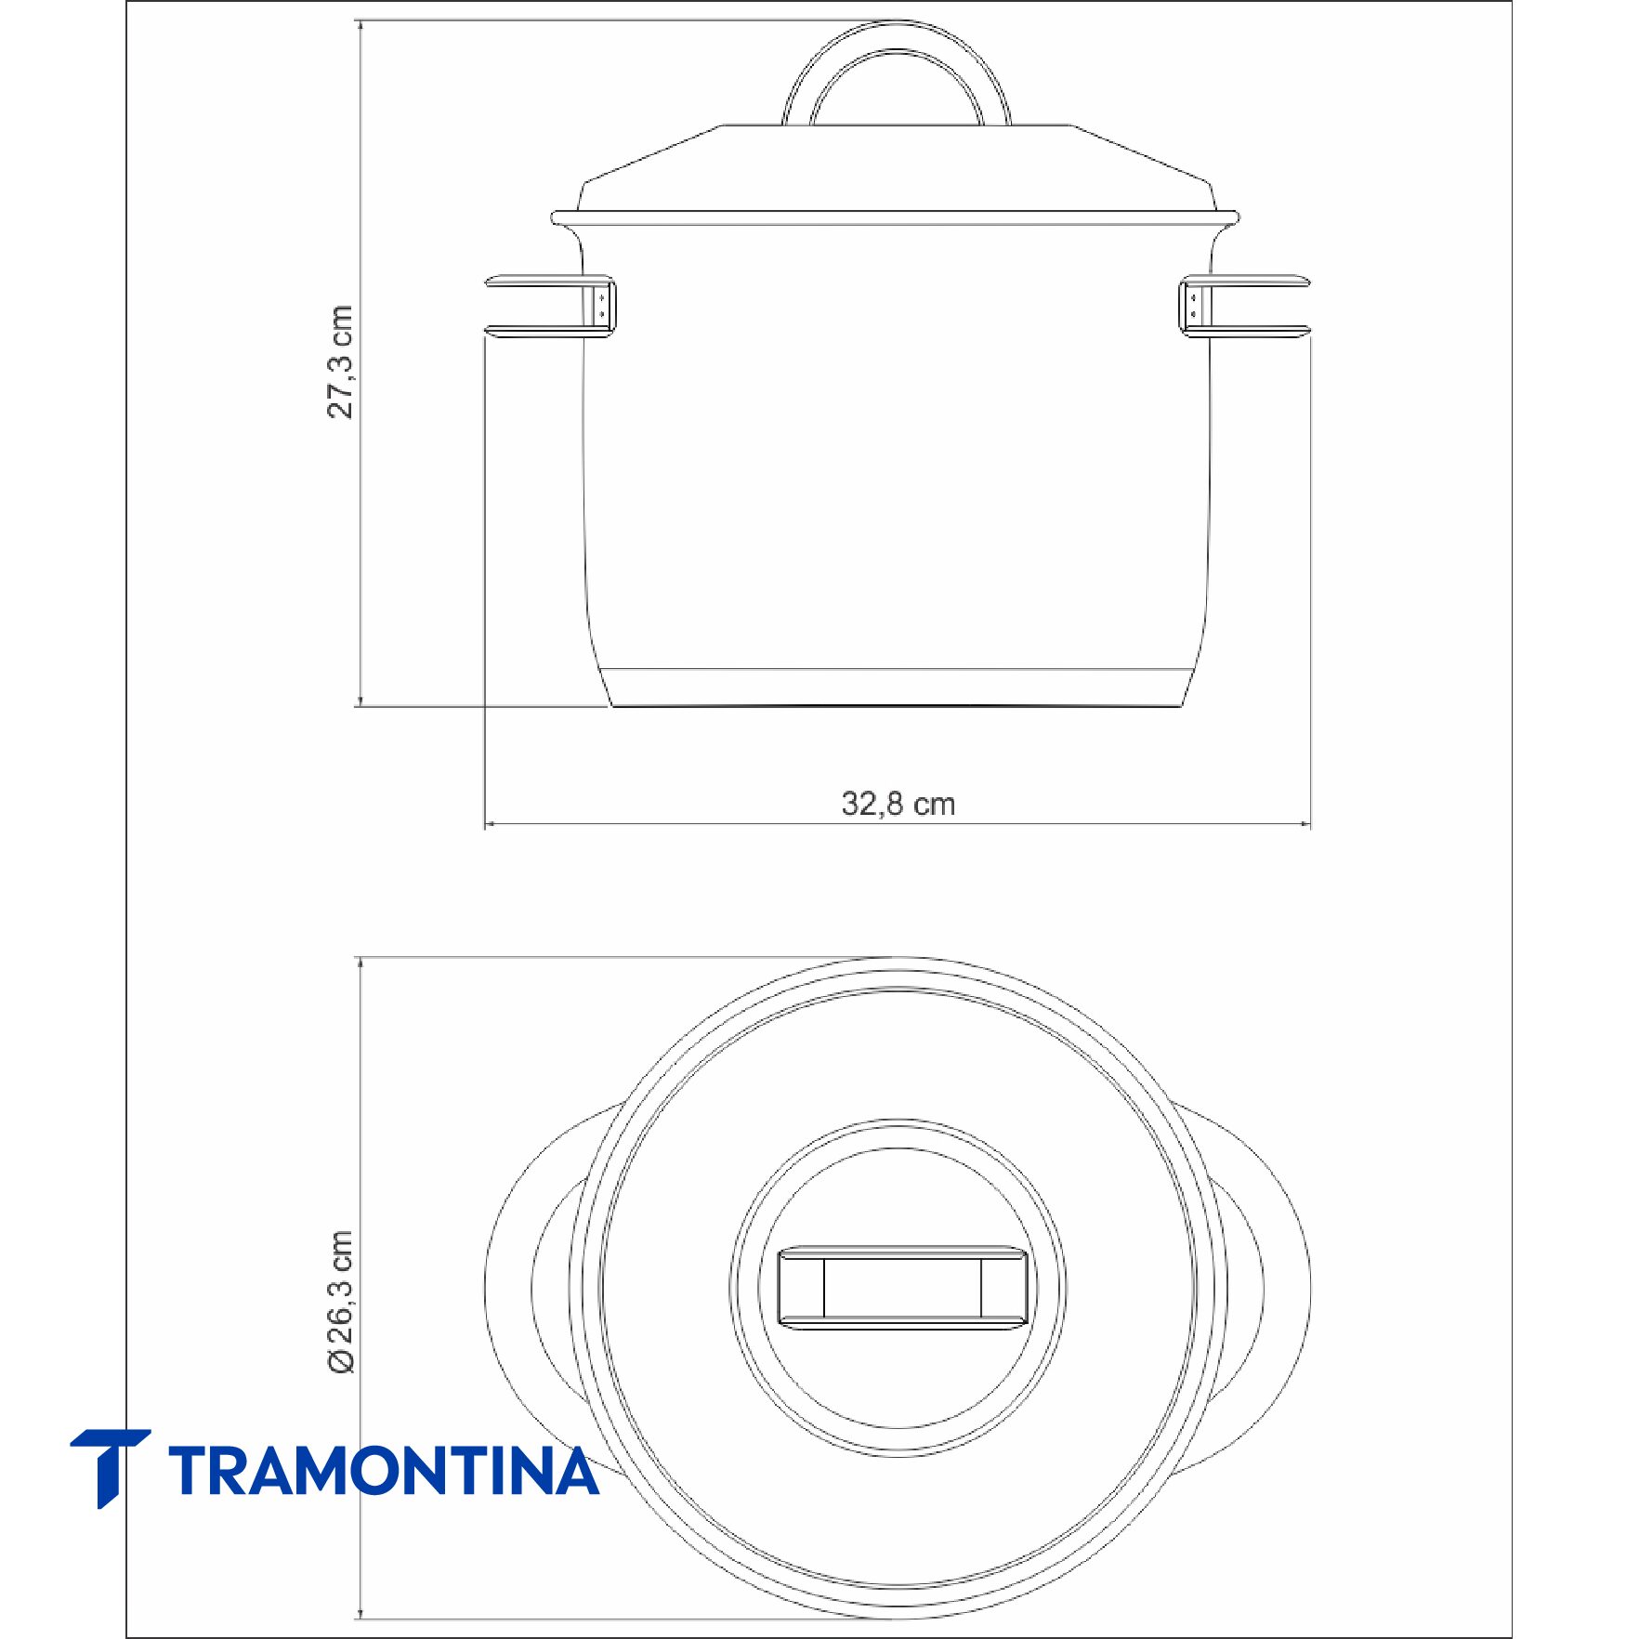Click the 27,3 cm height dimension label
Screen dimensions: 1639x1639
340,361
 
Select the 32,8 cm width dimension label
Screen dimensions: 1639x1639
898,804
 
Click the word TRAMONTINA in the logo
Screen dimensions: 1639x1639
384,1471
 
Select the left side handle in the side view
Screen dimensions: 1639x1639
548,306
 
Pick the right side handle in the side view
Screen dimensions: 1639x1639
1245,306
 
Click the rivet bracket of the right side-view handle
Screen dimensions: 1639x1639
1195,306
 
